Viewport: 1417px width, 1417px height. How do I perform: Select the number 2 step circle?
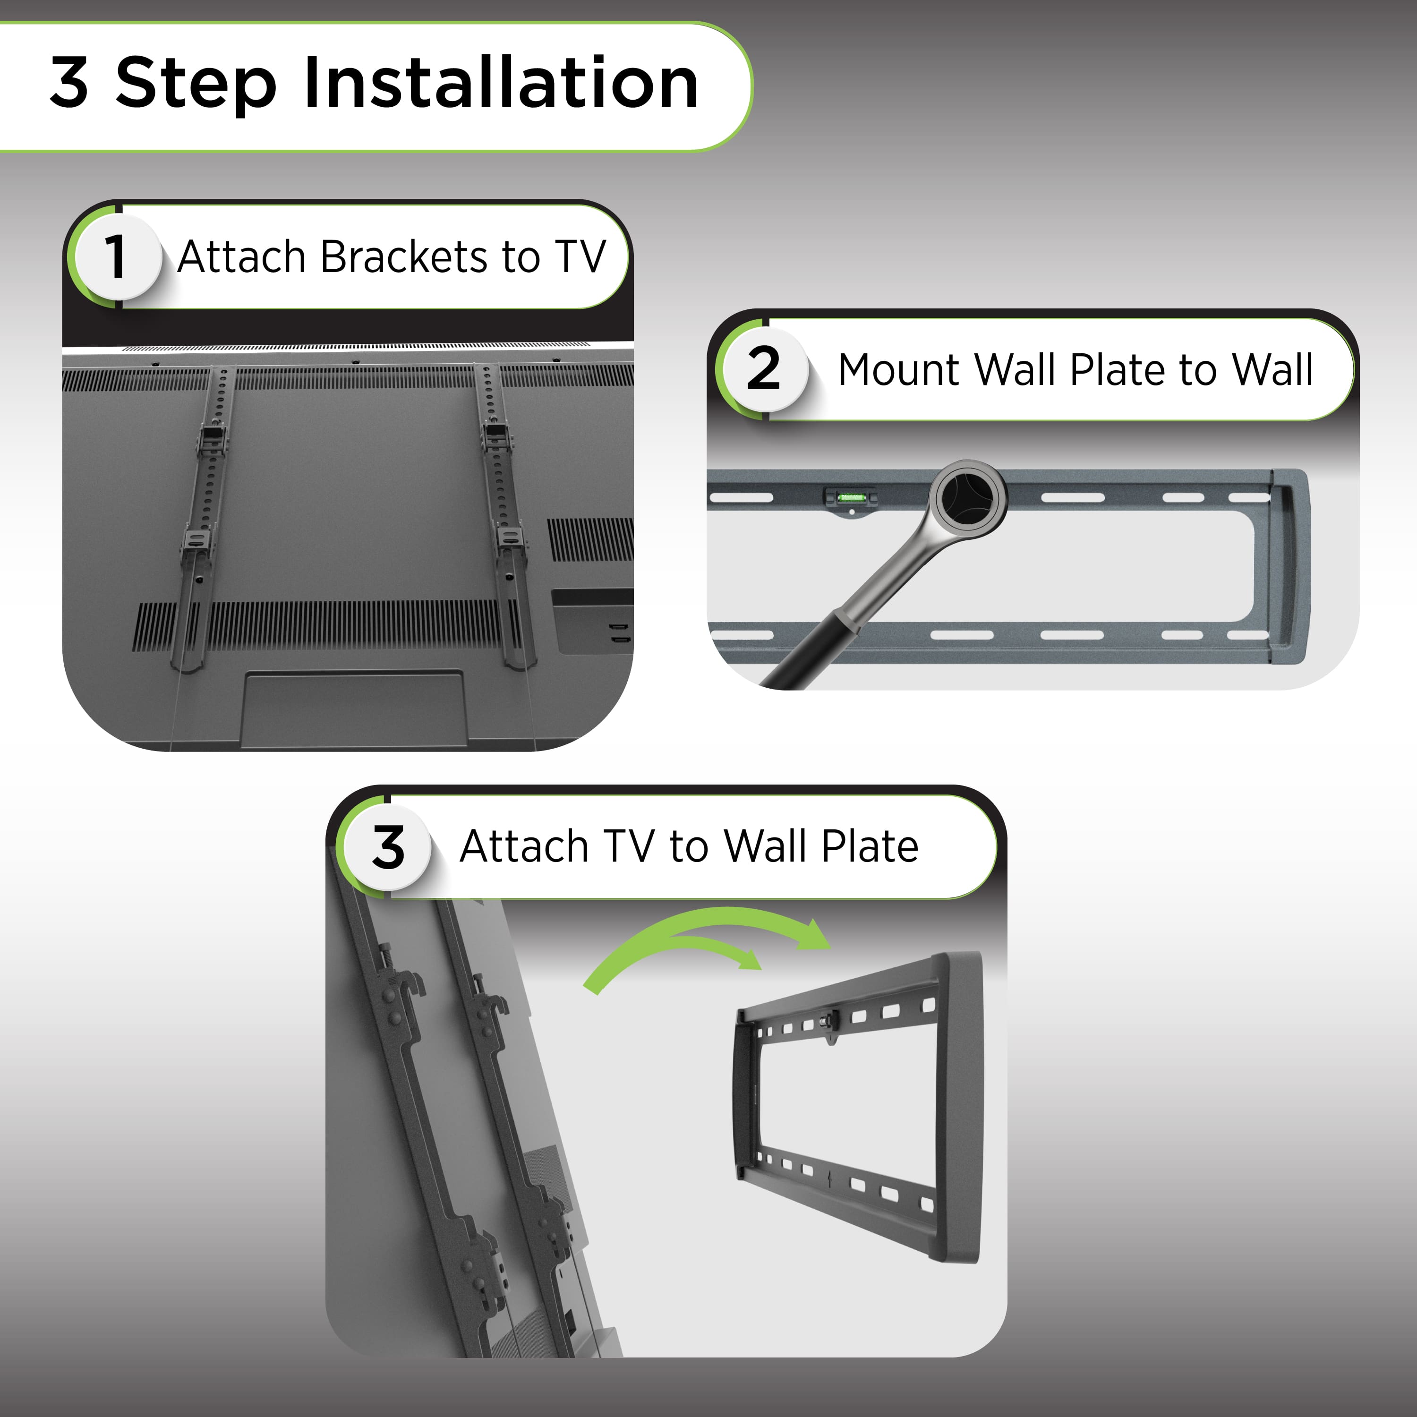763,369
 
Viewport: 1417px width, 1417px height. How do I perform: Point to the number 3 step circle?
387,847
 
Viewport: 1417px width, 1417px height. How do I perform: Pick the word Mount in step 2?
898,370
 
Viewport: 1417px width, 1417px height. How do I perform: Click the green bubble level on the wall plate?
852,498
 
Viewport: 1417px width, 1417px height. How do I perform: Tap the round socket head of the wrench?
968,499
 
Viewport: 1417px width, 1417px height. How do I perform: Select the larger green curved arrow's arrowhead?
814,935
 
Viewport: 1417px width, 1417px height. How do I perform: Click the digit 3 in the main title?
70,83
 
